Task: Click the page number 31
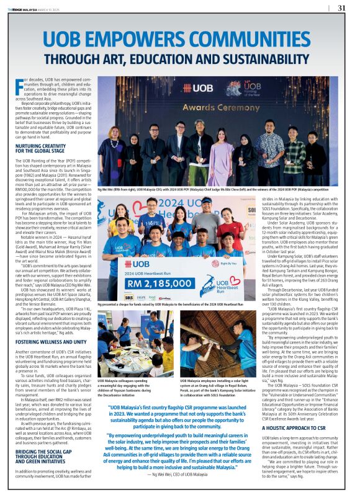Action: point(341,8)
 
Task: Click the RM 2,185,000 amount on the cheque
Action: point(161,285)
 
